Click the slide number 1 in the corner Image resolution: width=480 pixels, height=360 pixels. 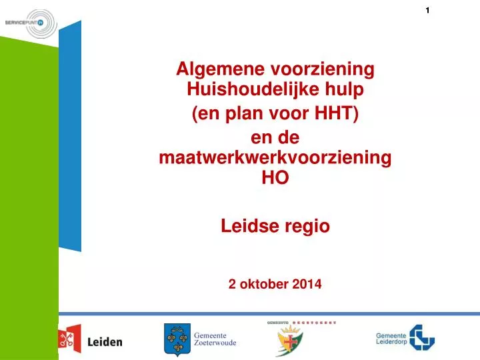(427, 10)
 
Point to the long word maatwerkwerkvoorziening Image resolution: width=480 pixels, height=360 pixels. (275, 159)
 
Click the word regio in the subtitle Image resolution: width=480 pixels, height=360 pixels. (308, 226)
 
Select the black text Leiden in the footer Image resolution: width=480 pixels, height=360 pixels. (105, 342)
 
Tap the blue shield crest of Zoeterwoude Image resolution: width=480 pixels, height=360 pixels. (177, 340)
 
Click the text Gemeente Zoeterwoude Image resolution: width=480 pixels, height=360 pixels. (215, 339)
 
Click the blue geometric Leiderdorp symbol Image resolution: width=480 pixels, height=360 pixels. (421, 337)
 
